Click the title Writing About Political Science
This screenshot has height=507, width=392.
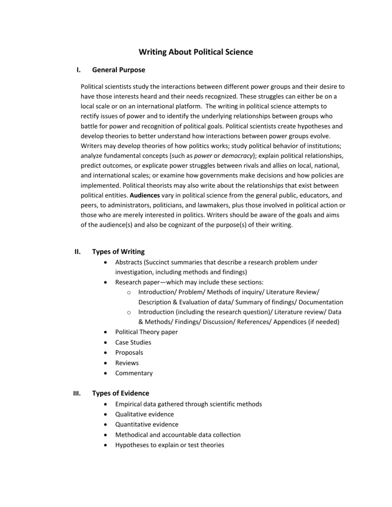pos(196,52)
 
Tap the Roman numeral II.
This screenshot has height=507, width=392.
pos(77,252)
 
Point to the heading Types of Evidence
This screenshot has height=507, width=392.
pos(120,393)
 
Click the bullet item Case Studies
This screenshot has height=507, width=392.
pos(133,342)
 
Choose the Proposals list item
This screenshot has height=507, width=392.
pos(129,353)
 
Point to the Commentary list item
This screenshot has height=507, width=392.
pos(134,373)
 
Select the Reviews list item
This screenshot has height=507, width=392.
pos(127,363)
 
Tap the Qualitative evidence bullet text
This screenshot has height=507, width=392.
pos(144,414)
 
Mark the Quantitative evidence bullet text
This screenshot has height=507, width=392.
pos(147,424)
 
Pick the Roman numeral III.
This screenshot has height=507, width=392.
pos(77,394)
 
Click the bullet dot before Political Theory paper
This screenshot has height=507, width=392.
pos(107,332)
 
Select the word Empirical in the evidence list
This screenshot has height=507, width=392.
pos(129,404)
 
